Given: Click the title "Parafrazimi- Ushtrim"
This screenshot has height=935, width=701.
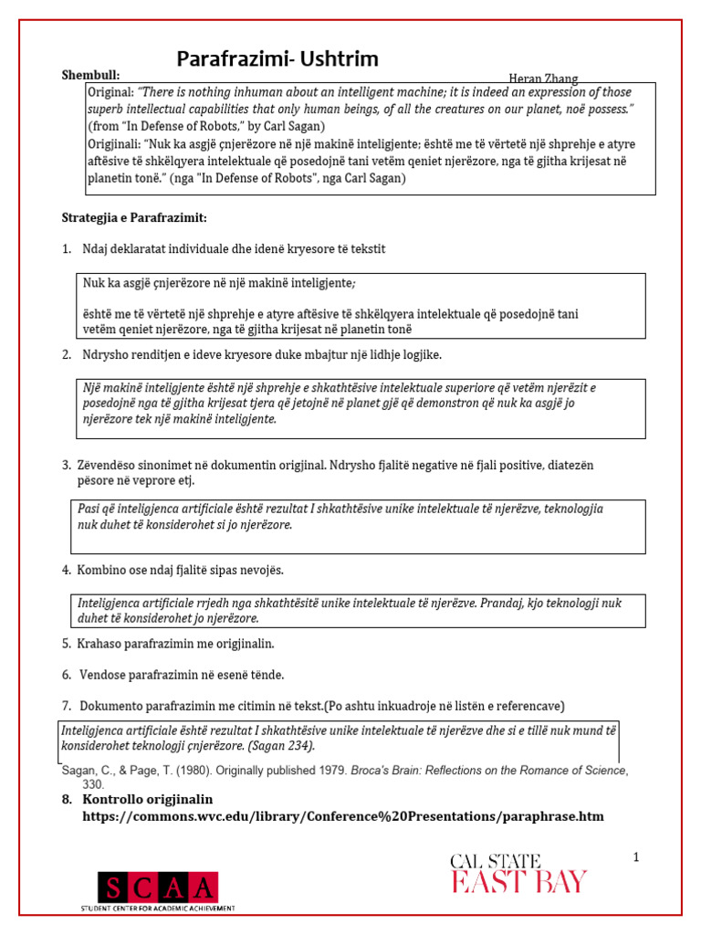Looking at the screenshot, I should pyautogui.click(x=277, y=60).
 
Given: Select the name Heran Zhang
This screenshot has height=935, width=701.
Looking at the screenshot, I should pyautogui.click(x=543, y=79).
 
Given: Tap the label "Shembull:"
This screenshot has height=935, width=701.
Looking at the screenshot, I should pyautogui.click(x=90, y=75).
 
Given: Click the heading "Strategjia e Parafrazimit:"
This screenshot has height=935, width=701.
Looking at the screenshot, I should pyautogui.click(x=134, y=217).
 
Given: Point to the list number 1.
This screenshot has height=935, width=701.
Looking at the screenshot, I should pyautogui.click(x=67, y=249).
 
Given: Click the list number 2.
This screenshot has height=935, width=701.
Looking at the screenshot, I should pyautogui.click(x=67, y=354).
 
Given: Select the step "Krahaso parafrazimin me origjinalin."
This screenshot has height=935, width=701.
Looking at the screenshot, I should pyautogui.click(x=175, y=644).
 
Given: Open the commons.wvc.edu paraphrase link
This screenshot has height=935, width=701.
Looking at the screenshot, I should pyautogui.click(x=343, y=816).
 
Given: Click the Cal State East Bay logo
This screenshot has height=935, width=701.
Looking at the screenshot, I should pyautogui.click(x=518, y=873).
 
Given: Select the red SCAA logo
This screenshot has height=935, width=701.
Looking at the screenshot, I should pyautogui.click(x=158, y=887).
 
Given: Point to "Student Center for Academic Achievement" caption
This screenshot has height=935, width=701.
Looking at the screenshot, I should pyautogui.click(x=158, y=909).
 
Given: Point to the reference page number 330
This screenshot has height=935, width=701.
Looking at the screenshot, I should pyautogui.click(x=93, y=784).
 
